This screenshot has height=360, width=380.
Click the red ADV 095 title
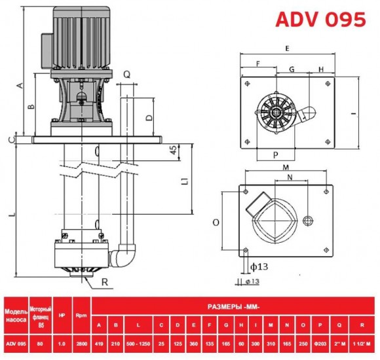(x=320, y=19)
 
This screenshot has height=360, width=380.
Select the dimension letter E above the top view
(x=288, y=48)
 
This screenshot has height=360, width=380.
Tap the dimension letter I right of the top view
(x=353, y=113)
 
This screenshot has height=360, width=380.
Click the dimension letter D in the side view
(x=148, y=118)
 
